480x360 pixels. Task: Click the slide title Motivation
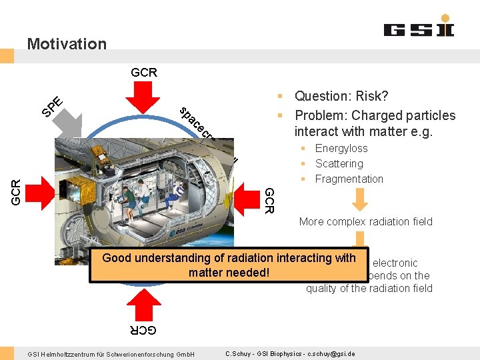67,44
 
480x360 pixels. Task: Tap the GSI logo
419,30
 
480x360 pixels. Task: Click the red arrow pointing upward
143,304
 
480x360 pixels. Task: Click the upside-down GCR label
143,330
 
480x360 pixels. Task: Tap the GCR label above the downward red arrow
144,72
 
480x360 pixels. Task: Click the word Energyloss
341,149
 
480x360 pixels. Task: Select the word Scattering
339,164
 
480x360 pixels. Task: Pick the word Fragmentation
349,179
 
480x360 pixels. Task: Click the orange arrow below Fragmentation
360,199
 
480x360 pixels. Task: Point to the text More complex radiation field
365,222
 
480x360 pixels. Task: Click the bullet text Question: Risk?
341,97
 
